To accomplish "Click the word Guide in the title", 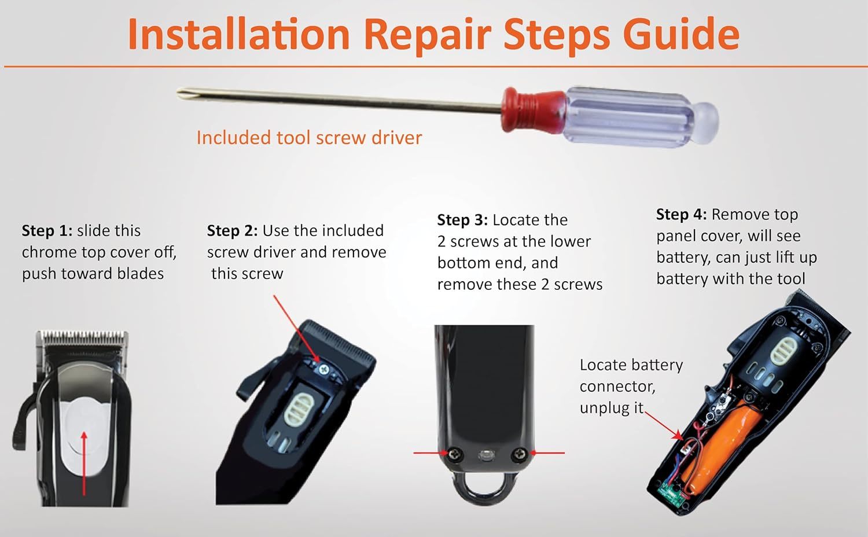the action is click(681, 34).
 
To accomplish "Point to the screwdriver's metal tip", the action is click(181, 93).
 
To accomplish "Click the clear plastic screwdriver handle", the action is click(640, 117).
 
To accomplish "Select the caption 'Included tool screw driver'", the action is click(309, 138).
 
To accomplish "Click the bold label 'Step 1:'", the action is click(47, 231).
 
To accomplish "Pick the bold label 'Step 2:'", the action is click(232, 231).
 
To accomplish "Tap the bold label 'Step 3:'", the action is click(462, 220).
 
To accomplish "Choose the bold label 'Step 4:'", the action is click(681, 214).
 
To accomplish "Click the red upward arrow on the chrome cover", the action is click(84, 464).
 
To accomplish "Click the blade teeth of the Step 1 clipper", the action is click(83, 337).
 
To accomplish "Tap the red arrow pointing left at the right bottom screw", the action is click(547, 453).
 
